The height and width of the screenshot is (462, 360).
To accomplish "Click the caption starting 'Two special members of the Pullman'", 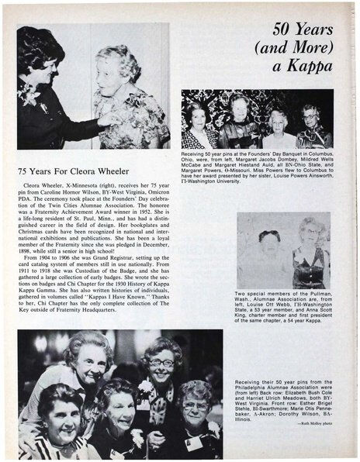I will [283, 310].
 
